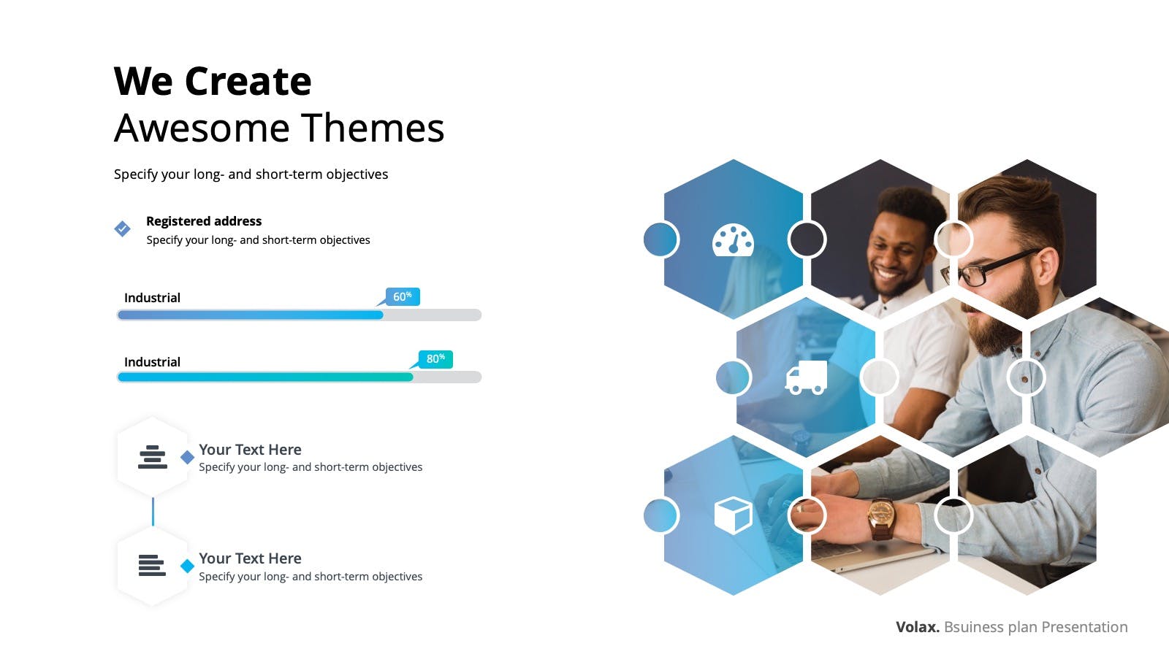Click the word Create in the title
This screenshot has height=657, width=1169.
[x=248, y=81]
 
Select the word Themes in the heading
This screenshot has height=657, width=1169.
[x=373, y=128]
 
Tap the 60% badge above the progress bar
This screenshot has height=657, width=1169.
[x=403, y=296]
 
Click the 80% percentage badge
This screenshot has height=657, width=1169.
[x=435, y=358]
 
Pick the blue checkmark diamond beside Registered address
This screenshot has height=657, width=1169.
[x=122, y=228]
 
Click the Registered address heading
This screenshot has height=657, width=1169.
[x=204, y=221]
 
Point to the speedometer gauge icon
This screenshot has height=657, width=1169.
[x=734, y=240]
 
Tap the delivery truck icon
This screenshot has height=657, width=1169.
[x=807, y=377]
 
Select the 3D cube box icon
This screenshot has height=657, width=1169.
[x=734, y=515]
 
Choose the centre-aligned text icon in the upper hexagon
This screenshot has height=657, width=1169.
[x=153, y=457]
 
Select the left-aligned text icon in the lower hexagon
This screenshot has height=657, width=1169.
[x=152, y=565]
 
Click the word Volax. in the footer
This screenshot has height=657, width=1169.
[x=918, y=627]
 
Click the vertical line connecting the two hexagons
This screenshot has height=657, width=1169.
[x=153, y=512]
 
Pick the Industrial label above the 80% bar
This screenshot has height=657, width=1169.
[x=152, y=362]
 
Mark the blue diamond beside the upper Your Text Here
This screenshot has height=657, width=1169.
[x=187, y=457]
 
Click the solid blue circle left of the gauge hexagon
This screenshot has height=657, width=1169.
[x=660, y=239]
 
